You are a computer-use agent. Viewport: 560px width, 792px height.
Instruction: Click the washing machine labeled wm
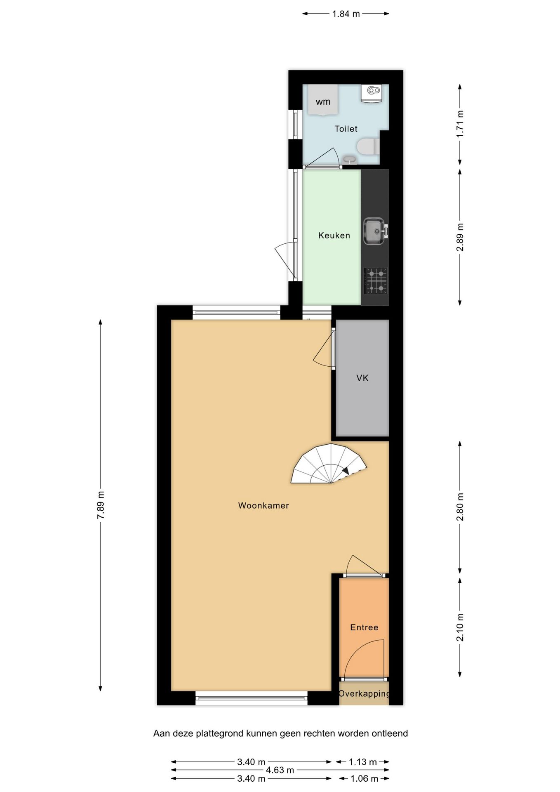[x=323, y=100]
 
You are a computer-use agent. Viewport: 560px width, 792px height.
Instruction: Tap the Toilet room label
[x=346, y=129]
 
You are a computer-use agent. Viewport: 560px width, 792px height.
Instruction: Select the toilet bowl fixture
[x=367, y=146]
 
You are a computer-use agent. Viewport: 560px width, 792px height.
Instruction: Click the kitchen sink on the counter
[x=374, y=231]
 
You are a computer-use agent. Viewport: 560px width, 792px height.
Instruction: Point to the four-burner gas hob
[x=376, y=280]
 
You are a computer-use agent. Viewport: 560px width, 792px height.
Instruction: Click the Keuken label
[x=334, y=236]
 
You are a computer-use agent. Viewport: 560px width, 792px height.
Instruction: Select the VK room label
[x=362, y=378]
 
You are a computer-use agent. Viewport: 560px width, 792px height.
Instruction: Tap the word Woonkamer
[x=264, y=505]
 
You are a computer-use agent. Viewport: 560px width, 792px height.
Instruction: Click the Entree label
[x=364, y=627]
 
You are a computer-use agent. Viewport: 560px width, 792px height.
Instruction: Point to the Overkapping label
[x=364, y=693]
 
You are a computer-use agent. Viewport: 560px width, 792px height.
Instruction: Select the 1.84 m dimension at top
[x=346, y=14]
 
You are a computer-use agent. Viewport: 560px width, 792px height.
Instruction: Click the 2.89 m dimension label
[x=460, y=237]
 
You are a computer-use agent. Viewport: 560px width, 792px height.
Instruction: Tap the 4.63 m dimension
[x=280, y=770]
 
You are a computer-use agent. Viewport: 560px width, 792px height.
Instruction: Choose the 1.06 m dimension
[x=364, y=778]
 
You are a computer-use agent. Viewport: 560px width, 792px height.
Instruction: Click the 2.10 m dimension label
[x=460, y=627]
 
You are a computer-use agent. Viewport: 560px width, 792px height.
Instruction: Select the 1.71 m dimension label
[x=460, y=124]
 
